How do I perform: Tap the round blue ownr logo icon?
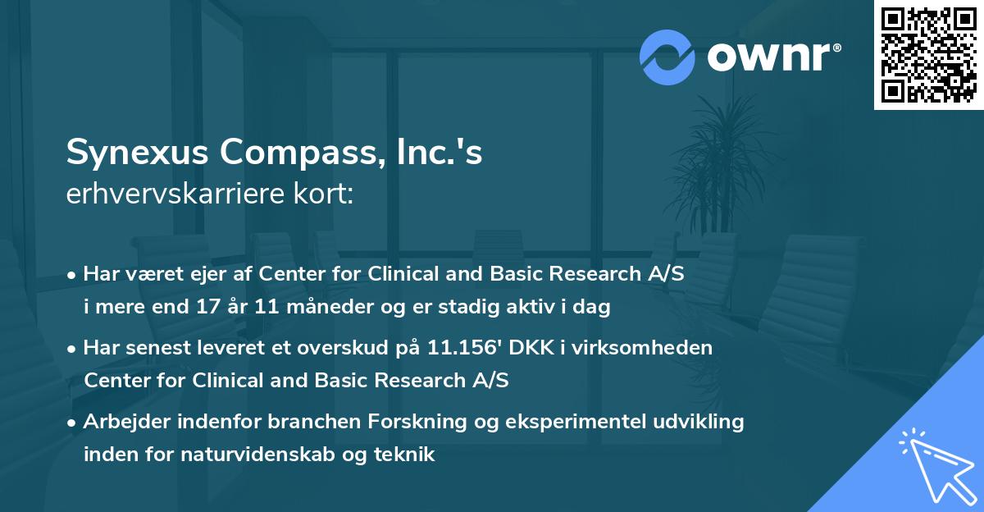[667, 57]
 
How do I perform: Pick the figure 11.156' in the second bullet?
[465, 348]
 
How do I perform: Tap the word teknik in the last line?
[408, 454]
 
